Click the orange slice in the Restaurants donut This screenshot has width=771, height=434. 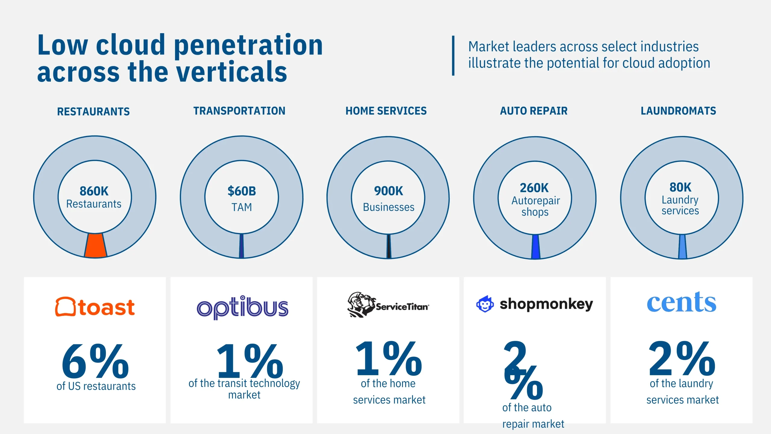coord(95,245)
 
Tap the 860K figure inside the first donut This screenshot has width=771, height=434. coord(94,191)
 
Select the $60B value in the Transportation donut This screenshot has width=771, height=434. coord(242,191)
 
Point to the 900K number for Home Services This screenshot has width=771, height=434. coord(389,191)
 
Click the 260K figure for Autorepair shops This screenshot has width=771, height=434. coord(534,188)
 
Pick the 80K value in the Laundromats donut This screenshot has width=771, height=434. coord(680,187)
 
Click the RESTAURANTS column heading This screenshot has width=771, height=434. coord(93,112)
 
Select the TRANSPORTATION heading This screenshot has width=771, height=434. coord(239,111)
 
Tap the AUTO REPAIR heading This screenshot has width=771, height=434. coord(534,111)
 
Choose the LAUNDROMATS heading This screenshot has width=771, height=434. coord(678,111)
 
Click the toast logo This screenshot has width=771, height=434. coord(95,307)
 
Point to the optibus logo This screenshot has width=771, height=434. coord(242,307)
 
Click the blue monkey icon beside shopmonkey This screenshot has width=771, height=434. coord(485,304)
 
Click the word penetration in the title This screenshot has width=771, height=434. coord(248,45)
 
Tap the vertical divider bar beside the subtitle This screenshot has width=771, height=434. coord(453,56)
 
